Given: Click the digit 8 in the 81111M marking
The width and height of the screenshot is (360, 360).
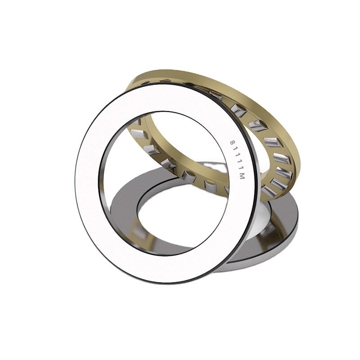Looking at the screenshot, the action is [x=233, y=142].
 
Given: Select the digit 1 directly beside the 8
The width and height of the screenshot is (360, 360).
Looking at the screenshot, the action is [x=234, y=149].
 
